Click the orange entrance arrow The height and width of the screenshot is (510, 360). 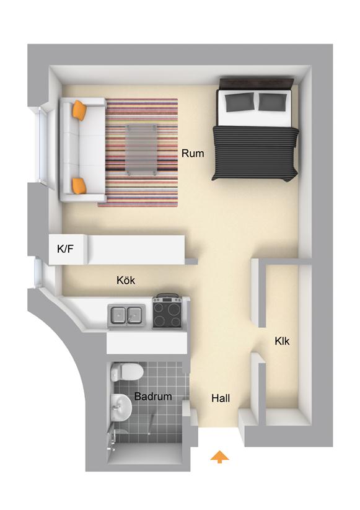tap(219, 456)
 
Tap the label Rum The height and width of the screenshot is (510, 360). tap(193, 153)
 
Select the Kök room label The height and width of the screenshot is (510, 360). tap(126, 280)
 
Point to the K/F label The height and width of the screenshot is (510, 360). tap(65, 249)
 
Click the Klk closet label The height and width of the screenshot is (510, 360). tap(282, 341)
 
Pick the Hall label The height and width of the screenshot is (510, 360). tap(221, 398)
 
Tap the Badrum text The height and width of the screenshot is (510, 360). tap(153, 396)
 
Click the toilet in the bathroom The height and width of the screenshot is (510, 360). tap(127, 372)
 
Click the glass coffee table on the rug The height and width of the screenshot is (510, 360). tap(141, 149)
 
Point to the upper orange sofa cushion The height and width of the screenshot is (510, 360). tap(80, 110)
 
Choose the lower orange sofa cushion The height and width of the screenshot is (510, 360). tap(79, 185)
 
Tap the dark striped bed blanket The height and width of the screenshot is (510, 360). tap(255, 153)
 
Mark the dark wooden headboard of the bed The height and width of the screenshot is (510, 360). tap(257, 84)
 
